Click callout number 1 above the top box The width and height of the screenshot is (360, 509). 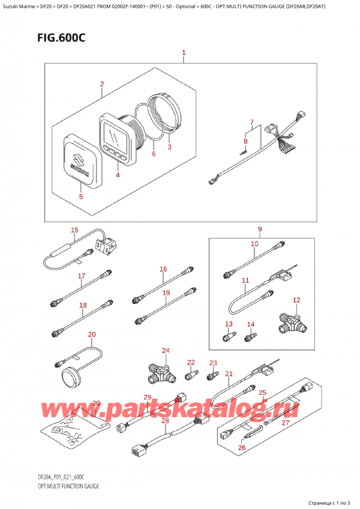pos(184,53)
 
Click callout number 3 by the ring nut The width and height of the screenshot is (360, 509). pos(169,146)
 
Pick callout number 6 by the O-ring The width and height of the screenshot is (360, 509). pos(154,154)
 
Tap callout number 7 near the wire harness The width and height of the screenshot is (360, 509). pos(252,122)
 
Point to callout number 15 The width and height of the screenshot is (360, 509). pos(74,230)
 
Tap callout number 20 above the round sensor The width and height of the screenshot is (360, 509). pos(91,334)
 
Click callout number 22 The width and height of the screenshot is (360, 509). pos(191,362)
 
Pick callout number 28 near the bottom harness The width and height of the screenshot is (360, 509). pos(165,421)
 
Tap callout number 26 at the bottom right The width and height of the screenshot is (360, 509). pos(242,447)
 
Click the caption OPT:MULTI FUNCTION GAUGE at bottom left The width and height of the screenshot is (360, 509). pos(63,486)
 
